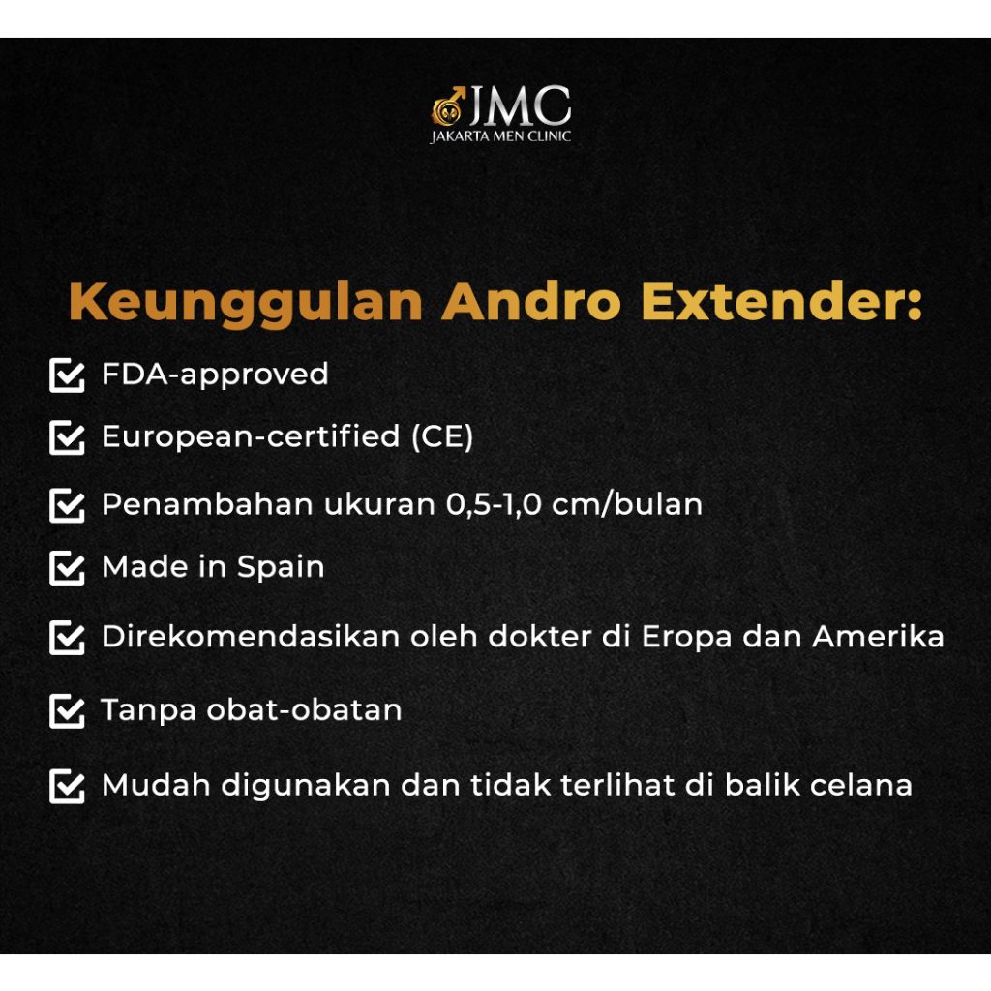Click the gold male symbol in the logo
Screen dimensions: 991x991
(447, 106)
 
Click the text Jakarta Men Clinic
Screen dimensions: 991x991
(500, 136)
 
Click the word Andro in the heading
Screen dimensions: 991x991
(531, 302)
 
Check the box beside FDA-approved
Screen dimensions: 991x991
(67, 375)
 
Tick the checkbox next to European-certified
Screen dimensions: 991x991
(67, 437)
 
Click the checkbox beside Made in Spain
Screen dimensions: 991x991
(67, 567)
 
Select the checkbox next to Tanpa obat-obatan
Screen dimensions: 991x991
(67, 711)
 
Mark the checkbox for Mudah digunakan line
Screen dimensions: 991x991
(67, 786)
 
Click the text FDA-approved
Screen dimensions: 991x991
(216, 375)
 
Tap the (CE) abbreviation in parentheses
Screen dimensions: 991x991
(442, 436)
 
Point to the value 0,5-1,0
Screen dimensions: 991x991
(494, 505)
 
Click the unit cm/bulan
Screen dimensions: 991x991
(627, 504)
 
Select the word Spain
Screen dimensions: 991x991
(281, 567)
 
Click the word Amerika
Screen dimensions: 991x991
(879, 636)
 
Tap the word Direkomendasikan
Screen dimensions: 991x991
(251, 636)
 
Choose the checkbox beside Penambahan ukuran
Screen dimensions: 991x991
(67, 505)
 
